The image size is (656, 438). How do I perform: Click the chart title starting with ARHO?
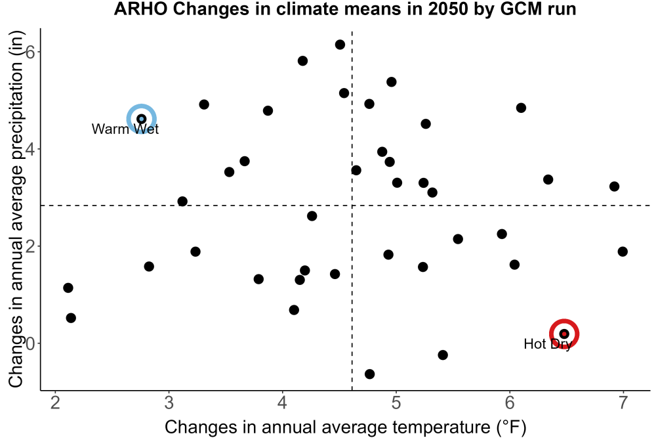[345, 9]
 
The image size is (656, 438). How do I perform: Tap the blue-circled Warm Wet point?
[142, 119]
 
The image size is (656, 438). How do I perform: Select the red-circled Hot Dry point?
[564, 334]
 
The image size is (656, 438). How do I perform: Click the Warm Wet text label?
[125, 129]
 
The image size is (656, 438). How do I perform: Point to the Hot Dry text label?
[548, 344]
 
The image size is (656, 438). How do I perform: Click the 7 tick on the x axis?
[623, 403]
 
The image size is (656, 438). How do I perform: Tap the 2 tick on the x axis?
[55, 403]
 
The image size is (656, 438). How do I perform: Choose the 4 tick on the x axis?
[282, 403]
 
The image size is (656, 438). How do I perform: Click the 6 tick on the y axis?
[30, 52]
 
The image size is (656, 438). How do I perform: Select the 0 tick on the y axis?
[30, 344]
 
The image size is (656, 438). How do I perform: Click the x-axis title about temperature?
[345, 427]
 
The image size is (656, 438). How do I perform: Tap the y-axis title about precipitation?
[16, 209]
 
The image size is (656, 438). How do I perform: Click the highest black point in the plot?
[340, 45]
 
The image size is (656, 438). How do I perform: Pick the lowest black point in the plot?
[369, 374]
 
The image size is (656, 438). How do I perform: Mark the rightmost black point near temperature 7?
[623, 252]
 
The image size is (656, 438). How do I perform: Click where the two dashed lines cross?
[352, 206]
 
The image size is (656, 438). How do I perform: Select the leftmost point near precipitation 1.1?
[68, 288]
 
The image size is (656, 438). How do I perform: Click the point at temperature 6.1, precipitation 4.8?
[521, 108]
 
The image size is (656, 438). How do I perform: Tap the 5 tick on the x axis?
[396, 403]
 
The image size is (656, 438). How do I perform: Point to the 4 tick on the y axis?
[30, 150]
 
